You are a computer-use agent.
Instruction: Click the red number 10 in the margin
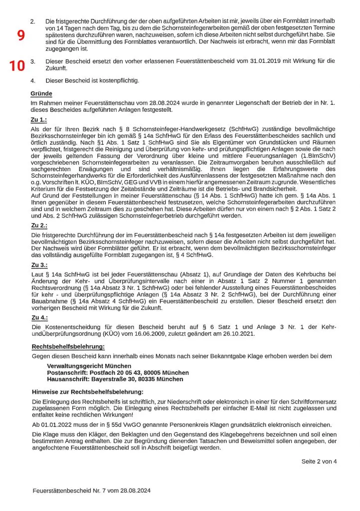coord(17,65)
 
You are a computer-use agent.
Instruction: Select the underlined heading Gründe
coord(41,93)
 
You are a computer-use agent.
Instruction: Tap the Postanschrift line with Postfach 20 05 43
coord(118,372)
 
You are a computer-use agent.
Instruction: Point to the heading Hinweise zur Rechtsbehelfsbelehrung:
coord(87,392)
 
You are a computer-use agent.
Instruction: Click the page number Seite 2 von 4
coord(319,461)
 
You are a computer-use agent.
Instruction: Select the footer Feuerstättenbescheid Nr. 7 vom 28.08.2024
coord(92,491)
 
